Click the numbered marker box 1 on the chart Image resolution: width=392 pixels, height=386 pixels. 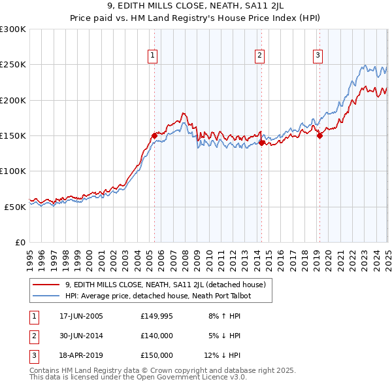(152, 56)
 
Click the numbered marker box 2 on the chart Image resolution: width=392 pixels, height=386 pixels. (259, 56)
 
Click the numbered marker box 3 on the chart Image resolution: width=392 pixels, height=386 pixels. (318, 56)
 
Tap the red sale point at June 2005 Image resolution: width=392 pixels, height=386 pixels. (155, 136)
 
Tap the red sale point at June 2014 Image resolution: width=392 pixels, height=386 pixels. (261, 142)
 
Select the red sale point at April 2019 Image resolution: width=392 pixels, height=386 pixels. (319, 136)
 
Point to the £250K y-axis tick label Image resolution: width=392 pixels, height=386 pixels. (13, 65)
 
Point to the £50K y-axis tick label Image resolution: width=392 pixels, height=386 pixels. (16, 207)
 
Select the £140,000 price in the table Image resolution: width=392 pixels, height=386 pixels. (157, 336)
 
